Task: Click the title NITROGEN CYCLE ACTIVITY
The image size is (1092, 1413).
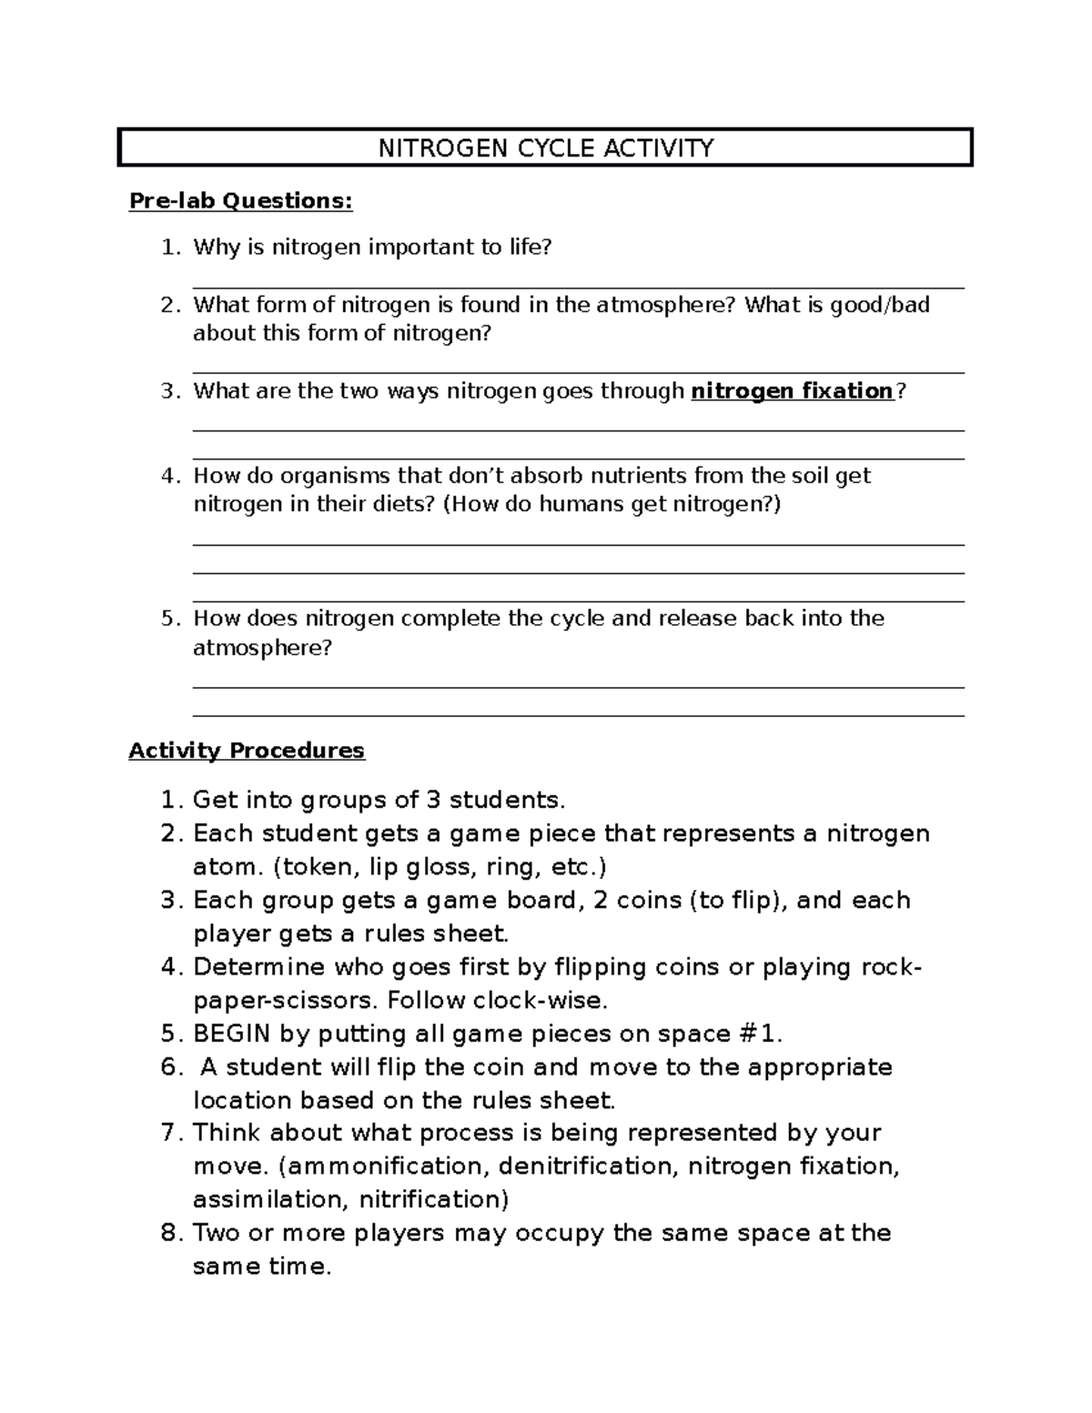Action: coord(546,147)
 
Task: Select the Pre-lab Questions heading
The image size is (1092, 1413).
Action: coord(240,200)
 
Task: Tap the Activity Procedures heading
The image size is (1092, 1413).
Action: coord(246,751)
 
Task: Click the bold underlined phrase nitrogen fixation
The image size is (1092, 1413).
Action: coord(793,391)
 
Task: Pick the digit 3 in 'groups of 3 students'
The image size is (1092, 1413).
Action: coord(434,801)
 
